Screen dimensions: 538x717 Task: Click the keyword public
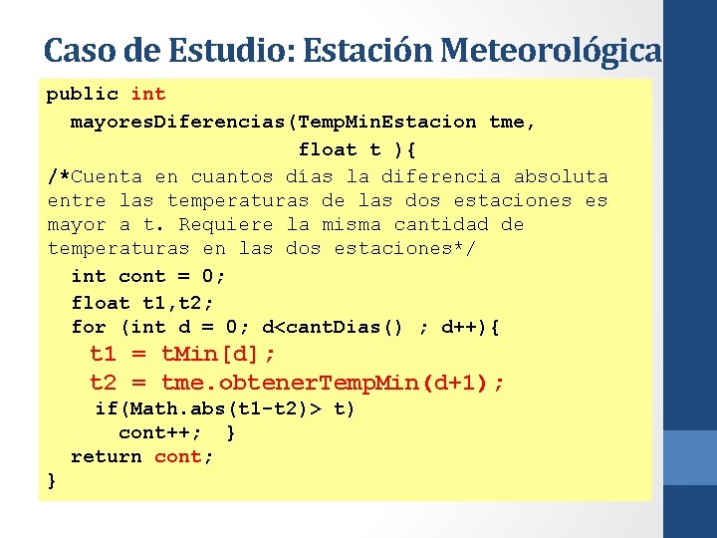[83, 95]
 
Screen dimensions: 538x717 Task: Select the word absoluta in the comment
[561, 177]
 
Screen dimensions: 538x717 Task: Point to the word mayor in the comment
[77, 225]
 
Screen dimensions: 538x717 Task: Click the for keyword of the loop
[89, 328]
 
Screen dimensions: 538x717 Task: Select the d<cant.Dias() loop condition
[331, 328]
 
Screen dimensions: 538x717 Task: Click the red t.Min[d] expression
[217, 354]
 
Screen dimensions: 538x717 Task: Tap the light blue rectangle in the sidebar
[689, 458]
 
